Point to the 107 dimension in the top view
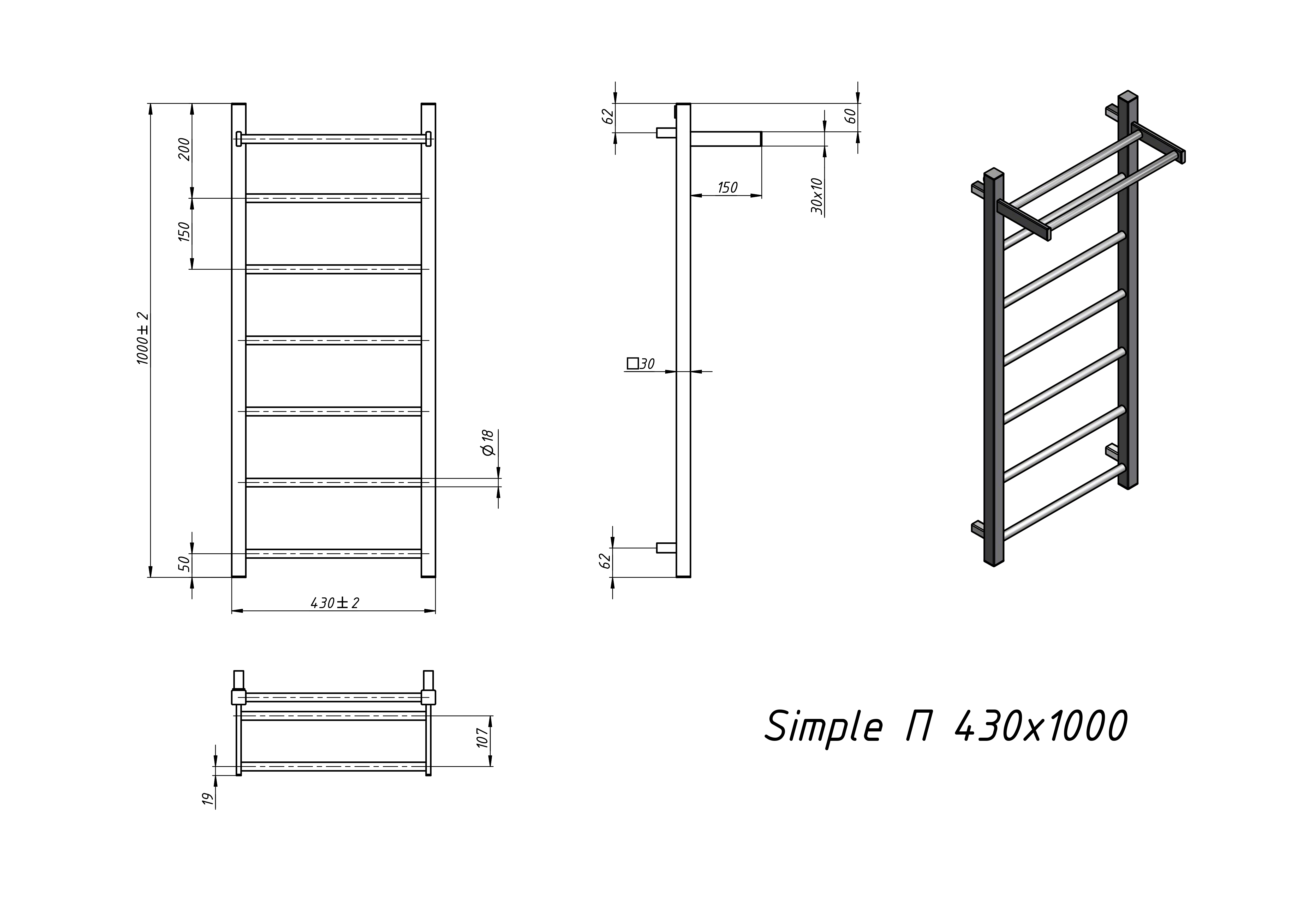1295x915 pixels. click(x=482, y=738)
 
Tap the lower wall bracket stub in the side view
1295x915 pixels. click(x=666, y=547)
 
